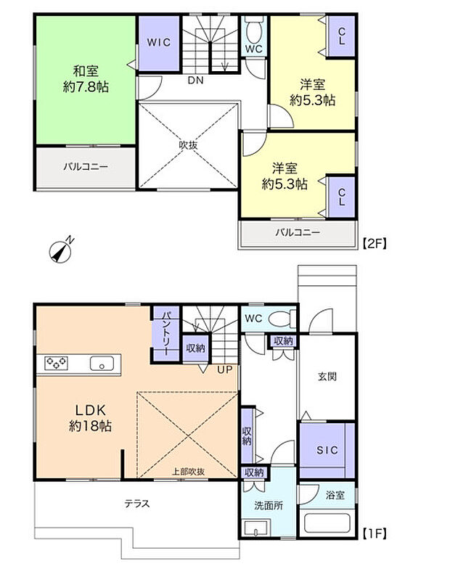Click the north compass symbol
point(61,250)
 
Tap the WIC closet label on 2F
point(158,42)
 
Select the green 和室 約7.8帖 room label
point(86,78)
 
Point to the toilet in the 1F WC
point(282,319)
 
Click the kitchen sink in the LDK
point(102,363)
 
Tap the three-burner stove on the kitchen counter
point(57,363)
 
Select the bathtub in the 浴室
point(327,523)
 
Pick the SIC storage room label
point(327,450)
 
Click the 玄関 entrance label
point(327,377)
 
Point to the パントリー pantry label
point(166,333)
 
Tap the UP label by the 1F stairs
point(225,370)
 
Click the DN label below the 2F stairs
point(196,81)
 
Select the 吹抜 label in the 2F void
point(189,145)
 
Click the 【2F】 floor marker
point(375,242)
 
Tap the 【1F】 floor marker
point(375,534)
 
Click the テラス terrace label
point(136,504)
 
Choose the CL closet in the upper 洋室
point(341,36)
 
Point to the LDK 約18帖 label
point(90,418)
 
